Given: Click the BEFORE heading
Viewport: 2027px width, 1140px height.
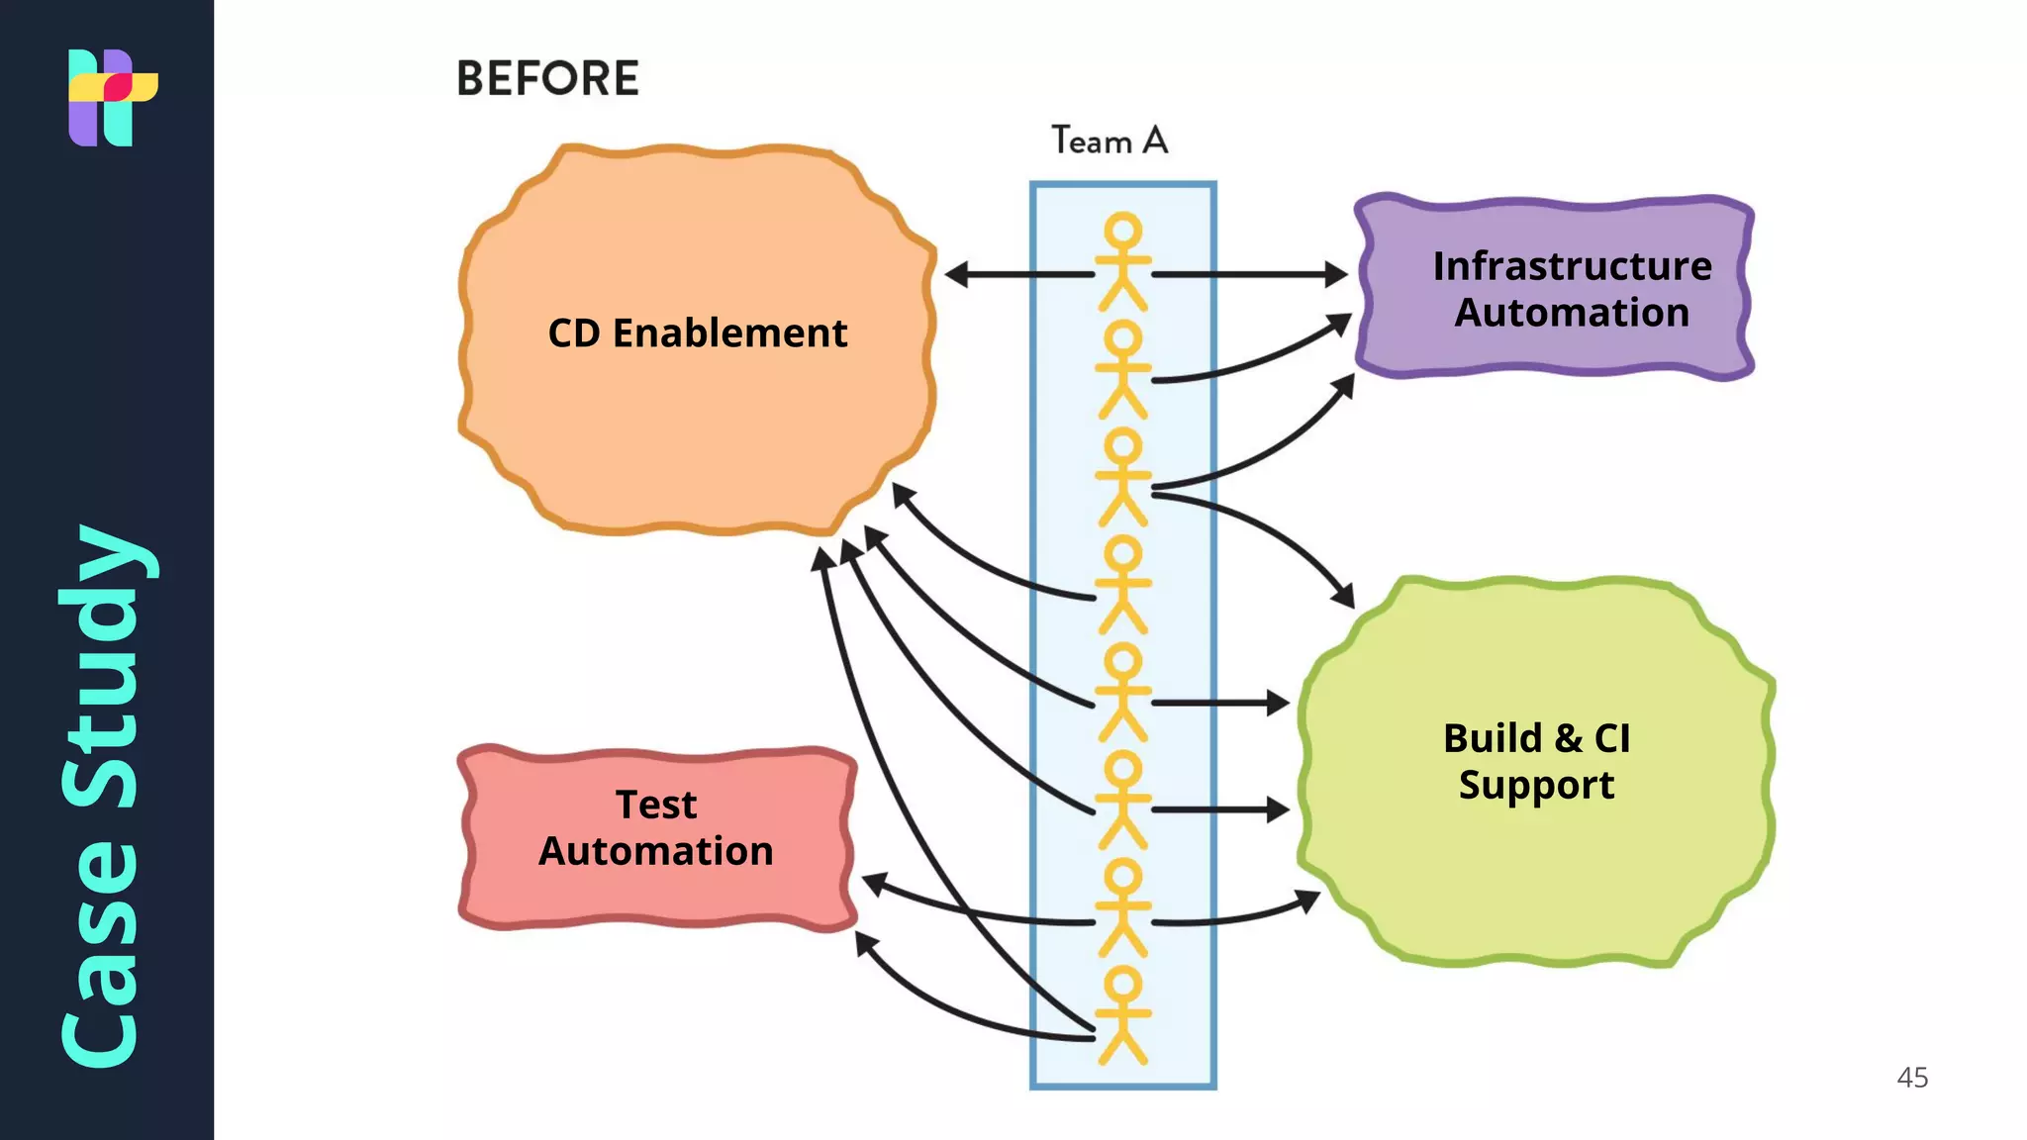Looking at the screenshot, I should click(x=547, y=78).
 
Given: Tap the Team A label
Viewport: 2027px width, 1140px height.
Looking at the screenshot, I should click(x=1109, y=142).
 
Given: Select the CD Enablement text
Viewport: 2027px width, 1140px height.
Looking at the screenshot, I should click(x=697, y=333).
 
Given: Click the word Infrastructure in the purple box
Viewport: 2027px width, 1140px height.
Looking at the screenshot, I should click(x=1572, y=266).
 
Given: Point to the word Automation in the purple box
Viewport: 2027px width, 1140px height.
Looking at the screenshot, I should click(x=1572, y=313).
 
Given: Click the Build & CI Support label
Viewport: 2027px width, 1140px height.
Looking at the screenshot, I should click(x=1536, y=761).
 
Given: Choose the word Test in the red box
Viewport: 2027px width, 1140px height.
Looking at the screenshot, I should click(x=656, y=805).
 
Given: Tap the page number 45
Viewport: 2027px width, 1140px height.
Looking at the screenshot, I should click(x=1912, y=1078).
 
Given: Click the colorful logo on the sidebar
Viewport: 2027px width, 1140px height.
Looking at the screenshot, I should click(x=112, y=97).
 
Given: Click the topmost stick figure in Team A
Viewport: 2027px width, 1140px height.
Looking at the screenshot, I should click(x=1122, y=261).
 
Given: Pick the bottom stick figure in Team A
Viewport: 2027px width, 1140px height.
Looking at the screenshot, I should click(x=1122, y=1015).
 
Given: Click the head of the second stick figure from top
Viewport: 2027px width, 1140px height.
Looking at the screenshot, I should click(x=1122, y=338).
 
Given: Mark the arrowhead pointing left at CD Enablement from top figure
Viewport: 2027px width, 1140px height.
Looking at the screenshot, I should click(x=956, y=274).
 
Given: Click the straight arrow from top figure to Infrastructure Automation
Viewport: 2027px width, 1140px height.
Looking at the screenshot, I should click(x=1247, y=274).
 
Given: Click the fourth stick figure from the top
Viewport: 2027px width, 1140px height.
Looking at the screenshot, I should click(x=1122, y=584).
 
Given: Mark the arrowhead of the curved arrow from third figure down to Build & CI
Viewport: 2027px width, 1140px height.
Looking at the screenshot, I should click(x=1344, y=597).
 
